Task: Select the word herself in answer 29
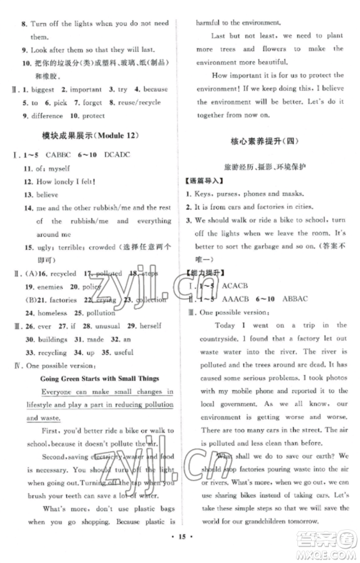coord(148,326)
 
